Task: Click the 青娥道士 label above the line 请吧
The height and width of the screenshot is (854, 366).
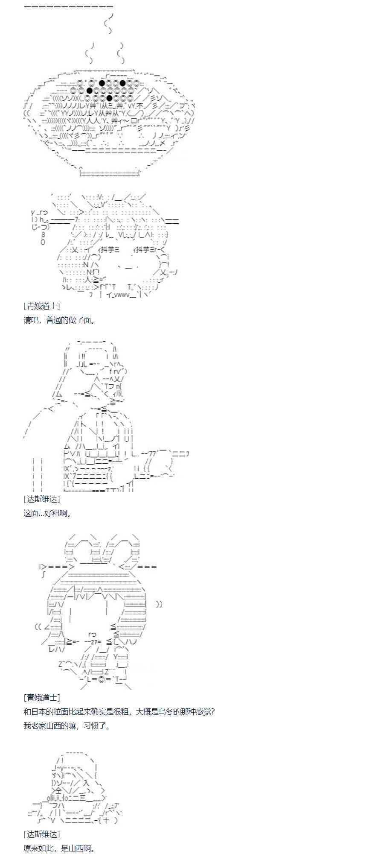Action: pos(42,306)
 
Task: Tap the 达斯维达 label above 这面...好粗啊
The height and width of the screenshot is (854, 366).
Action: pos(42,499)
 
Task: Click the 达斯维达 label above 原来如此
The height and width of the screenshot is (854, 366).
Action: pos(42,834)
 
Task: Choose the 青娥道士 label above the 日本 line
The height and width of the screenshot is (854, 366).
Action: pos(42,697)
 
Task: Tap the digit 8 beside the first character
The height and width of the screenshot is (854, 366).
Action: pos(43,235)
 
